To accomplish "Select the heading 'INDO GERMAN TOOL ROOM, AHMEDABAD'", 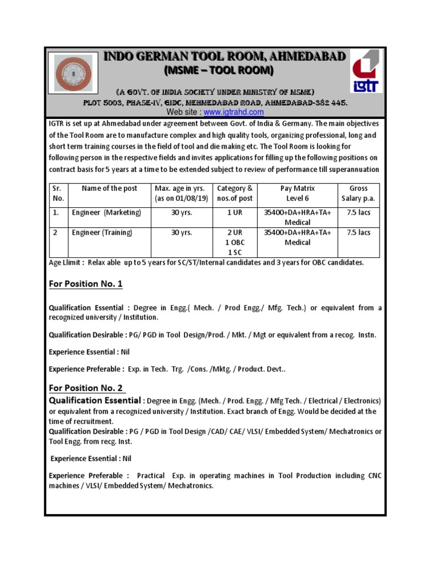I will (224, 56).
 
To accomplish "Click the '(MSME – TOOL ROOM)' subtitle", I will (218, 71).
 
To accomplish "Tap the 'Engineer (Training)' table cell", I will (102, 232).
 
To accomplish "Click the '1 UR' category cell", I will (234, 213).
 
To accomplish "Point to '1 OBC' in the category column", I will (234, 242).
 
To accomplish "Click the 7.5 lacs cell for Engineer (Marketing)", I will (358, 213).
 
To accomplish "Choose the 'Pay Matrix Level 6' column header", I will (298, 193).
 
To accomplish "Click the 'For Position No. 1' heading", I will (86, 284).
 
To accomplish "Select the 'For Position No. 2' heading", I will (86, 388).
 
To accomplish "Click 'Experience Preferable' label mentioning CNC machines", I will (86, 475).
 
